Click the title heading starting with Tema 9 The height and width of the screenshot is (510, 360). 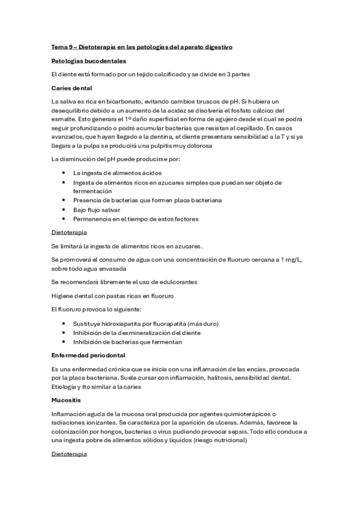tap(146, 46)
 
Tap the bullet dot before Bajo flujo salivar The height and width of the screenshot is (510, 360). tap(64, 209)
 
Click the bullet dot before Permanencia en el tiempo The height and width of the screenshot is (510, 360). tap(64, 219)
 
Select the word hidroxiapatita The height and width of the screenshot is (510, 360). tap(112, 323)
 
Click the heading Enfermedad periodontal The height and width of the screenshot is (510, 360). tap(88, 355)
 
